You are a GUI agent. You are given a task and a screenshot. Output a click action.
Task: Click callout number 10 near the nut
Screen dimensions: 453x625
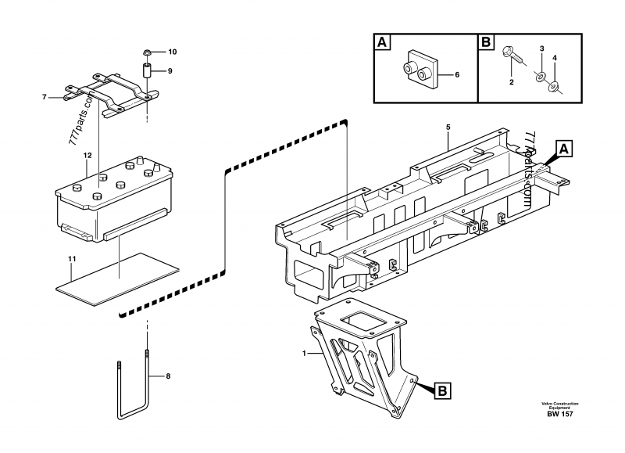(x=173, y=52)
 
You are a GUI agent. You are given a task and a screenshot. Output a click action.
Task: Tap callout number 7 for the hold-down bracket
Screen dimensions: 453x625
(x=45, y=98)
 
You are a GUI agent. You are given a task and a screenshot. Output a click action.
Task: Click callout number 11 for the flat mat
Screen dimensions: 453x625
(x=70, y=257)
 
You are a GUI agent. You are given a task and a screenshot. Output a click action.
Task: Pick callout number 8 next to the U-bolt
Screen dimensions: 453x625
(x=165, y=376)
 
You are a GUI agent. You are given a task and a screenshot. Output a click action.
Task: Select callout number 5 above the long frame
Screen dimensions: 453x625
(x=448, y=127)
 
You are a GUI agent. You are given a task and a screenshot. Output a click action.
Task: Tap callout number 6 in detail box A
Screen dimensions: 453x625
(x=458, y=74)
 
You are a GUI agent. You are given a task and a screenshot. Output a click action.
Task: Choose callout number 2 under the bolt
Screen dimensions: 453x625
(x=511, y=82)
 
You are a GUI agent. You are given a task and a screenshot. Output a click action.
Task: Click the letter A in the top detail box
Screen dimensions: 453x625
(x=382, y=42)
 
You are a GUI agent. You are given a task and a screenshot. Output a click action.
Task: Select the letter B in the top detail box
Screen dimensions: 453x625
(x=485, y=42)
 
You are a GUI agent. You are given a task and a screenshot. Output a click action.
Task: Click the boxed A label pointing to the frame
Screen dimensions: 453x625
(x=565, y=147)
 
